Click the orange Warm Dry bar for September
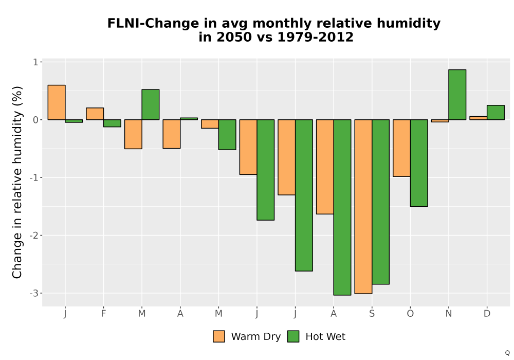tap(363, 207)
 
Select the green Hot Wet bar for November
tap(457, 95)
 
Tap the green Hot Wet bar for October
tap(419, 163)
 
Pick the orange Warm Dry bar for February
tap(95, 114)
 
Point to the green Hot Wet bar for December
tap(495, 113)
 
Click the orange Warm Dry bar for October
tap(401, 148)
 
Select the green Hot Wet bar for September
tap(380, 202)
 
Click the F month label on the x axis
tap(104, 314)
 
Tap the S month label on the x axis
tap(372, 314)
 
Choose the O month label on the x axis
tap(410, 314)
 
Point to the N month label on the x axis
tap(448, 314)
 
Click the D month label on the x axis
tap(487, 314)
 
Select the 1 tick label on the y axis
tap(36, 62)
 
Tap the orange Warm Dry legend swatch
tap(219, 336)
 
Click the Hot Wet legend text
tap(325, 336)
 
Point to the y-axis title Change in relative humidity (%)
tap(17, 182)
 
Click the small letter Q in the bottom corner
tap(507, 353)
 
